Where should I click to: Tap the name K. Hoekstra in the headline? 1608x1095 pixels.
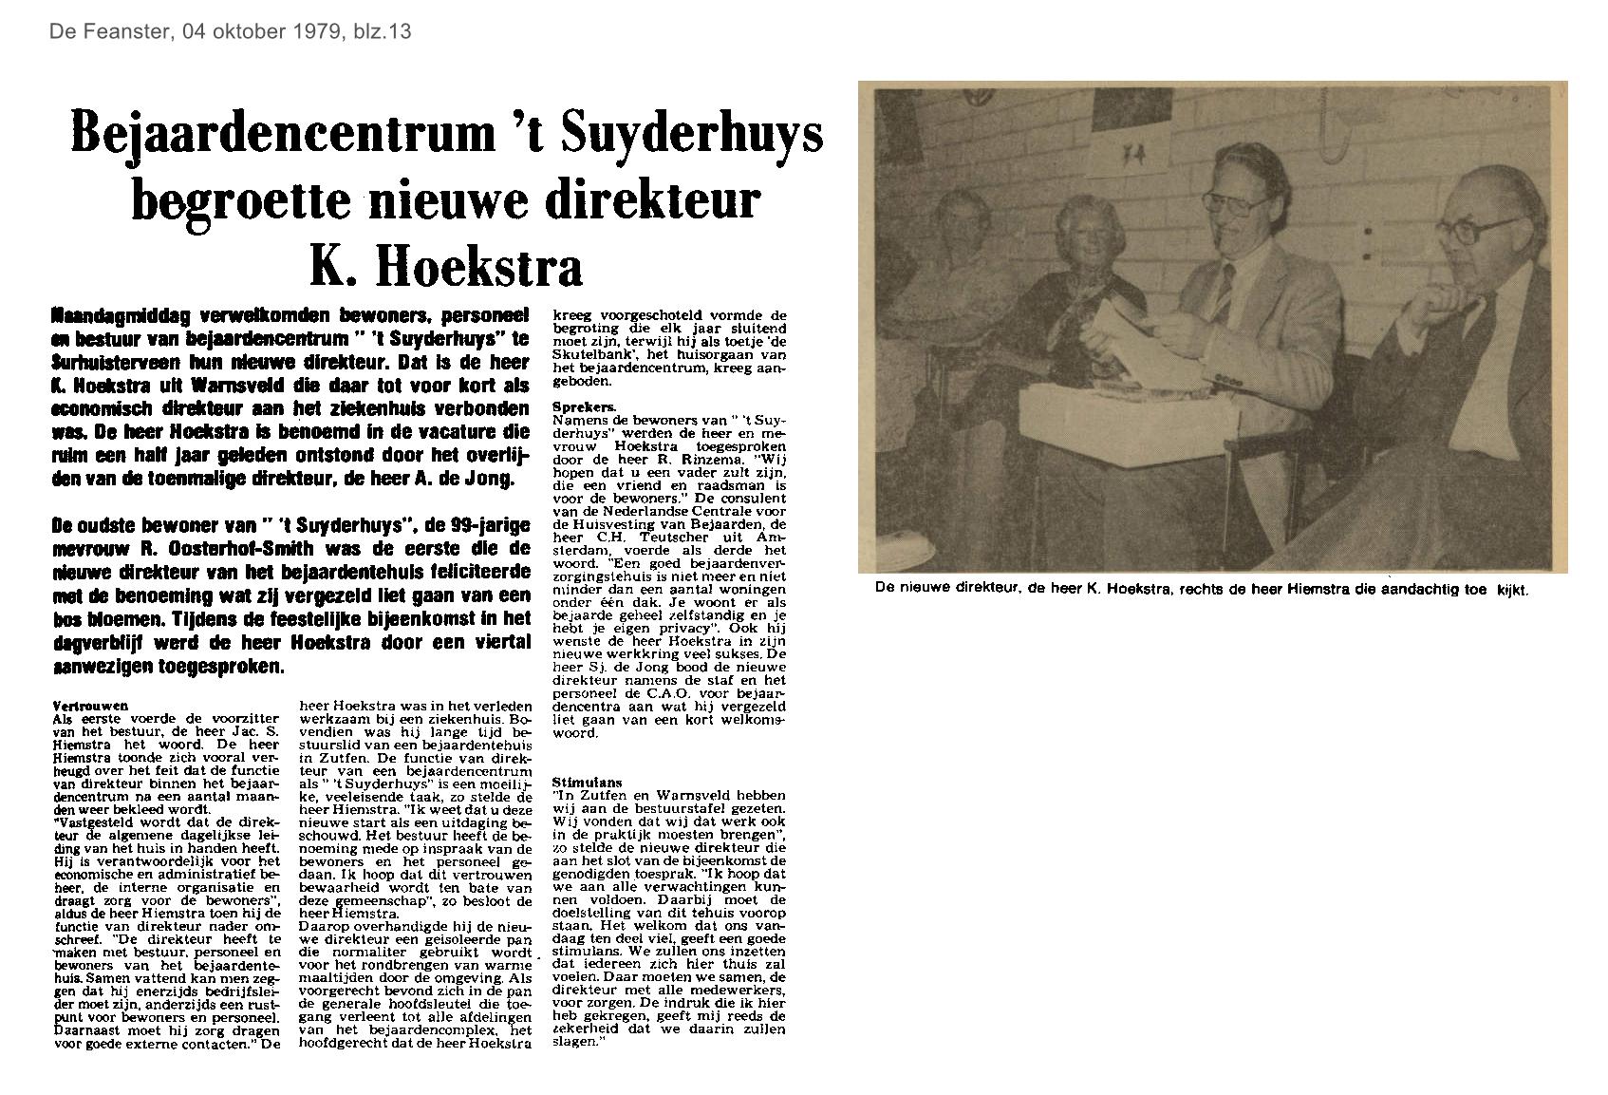point(446,265)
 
